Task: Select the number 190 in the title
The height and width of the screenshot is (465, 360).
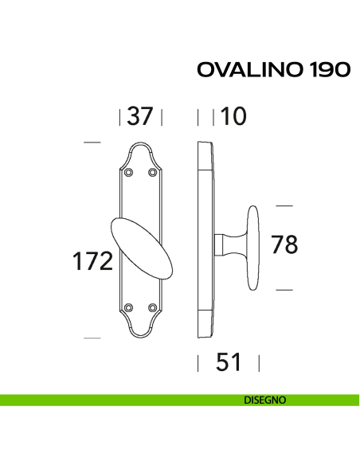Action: click(326, 70)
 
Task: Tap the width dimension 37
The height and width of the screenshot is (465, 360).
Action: click(140, 117)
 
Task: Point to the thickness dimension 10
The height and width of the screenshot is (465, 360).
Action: click(234, 117)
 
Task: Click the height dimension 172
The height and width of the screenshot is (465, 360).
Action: click(92, 261)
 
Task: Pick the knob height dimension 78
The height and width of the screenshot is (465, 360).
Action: click(284, 245)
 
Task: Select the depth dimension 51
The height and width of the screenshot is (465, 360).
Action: click(229, 363)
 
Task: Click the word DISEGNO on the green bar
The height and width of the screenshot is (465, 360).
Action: click(266, 400)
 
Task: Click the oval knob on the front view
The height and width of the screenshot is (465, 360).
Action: click(141, 247)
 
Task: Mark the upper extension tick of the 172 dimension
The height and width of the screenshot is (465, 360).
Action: click(92, 143)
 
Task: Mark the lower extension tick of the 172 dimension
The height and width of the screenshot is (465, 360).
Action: click(92, 338)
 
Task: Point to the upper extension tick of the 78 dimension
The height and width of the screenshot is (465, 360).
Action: click(285, 205)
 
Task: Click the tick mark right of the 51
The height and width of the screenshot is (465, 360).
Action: click(260, 364)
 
